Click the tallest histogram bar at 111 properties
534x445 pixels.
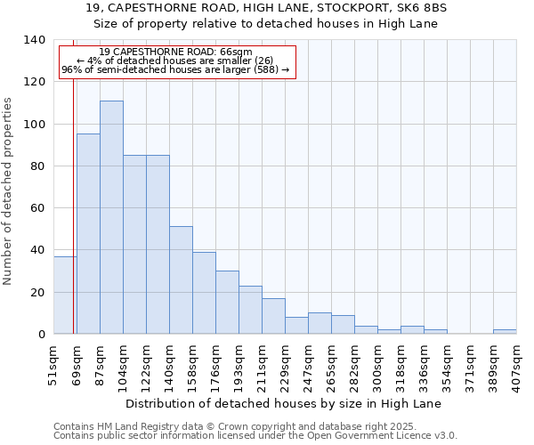click(x=111, y=217)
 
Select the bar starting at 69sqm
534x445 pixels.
click(x=88, y=234)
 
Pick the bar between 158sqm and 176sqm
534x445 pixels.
click(x=204, y=293)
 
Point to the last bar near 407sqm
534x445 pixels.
click(x=505, y=332)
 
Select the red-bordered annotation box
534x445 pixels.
click(x=176, y=61)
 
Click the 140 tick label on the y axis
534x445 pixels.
click(x=35, y=40)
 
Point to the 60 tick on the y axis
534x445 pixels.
click(x=38, y=208)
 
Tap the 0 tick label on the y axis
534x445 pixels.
click(x=41, y=335)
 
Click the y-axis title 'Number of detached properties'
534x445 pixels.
click(x=8, y=191)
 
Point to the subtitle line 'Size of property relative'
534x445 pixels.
click(x=266, y=23)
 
